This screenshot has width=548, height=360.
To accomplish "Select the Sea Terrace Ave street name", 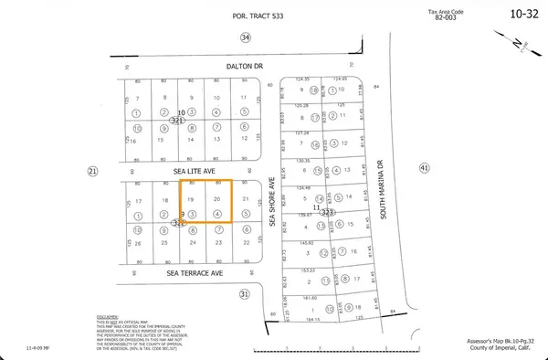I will click(195, 272).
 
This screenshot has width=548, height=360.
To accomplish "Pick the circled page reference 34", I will click(244, 37).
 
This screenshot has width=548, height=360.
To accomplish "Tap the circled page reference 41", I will click(423, 168).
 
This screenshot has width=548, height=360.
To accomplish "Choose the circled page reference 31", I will click(244, 293).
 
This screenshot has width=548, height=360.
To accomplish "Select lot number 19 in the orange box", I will click(190, 199).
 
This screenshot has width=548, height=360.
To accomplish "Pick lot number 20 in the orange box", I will click(216, 199).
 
